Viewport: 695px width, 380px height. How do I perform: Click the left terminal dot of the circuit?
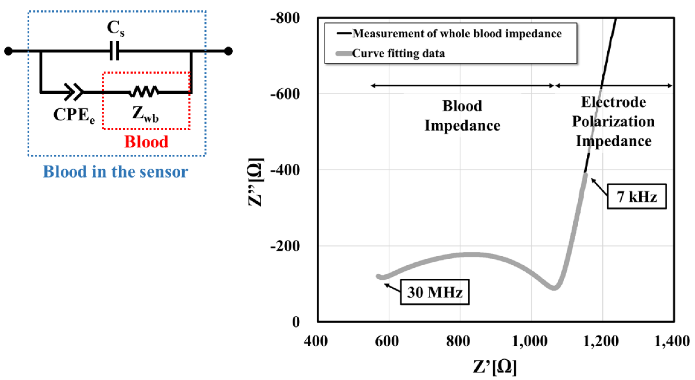(8, 51)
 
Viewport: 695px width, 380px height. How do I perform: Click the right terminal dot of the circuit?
(228, 51)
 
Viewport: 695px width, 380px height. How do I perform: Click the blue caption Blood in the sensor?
(115, 172)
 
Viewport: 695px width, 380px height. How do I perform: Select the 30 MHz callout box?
(434, 292)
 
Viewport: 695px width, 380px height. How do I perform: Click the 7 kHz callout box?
(636, 197)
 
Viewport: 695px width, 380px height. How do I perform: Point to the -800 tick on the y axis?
(285, 18)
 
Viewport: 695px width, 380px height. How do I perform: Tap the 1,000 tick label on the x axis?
(530, 341)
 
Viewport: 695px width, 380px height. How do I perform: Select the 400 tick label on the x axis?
(316, 341)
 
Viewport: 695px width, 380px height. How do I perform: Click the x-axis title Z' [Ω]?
(495, 367)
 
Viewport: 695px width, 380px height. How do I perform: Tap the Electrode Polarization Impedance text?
(613, 122)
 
